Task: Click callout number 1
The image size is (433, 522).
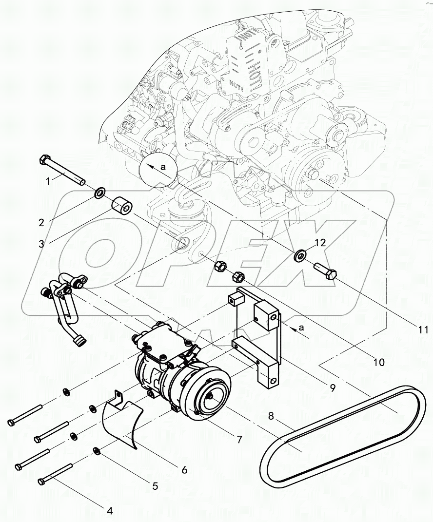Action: tap(48, 181)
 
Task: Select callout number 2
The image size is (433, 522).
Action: tap(42, 222)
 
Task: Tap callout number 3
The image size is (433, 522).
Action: tap(41, 243)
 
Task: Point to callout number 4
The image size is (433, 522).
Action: tap(110, 511)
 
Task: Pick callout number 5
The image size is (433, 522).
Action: tap(155, 485)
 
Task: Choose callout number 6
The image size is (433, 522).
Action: tap(184, 470)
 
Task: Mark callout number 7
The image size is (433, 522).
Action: tap(239, 439)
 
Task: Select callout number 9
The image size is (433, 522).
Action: tap(333, 388)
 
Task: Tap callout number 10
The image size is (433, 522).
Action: tap(378, 362)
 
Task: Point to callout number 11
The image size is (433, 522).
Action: tap(423, 330)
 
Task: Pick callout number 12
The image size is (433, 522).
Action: tap(319, 242)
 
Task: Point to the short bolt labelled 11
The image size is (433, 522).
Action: tap(325, 270)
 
